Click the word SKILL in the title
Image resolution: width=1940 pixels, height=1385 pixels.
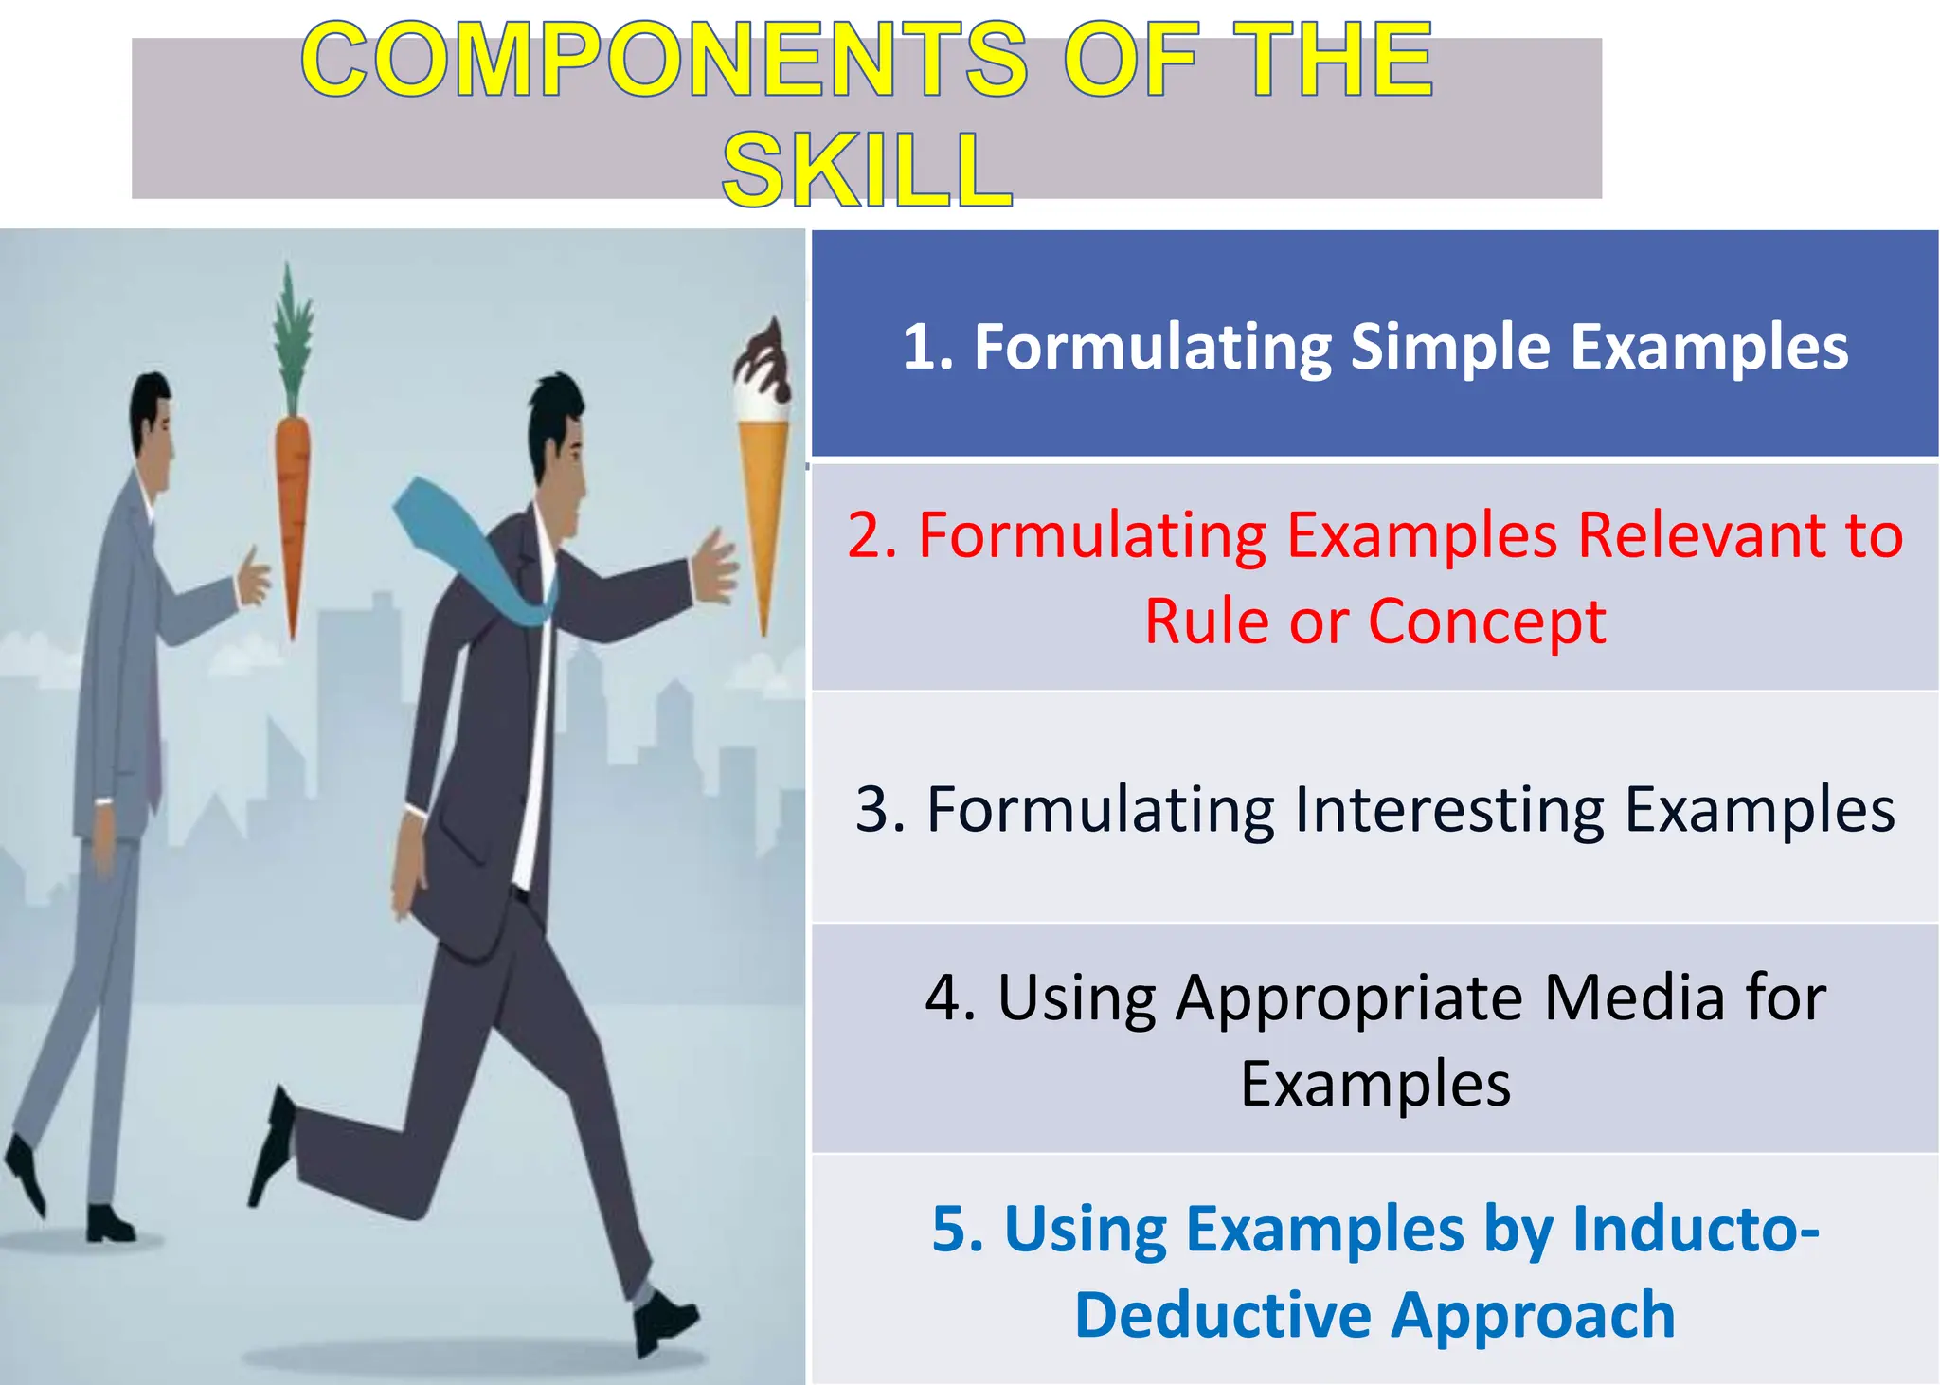867,171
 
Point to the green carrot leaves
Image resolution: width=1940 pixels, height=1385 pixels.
292,332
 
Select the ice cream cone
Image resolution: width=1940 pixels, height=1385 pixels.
763,502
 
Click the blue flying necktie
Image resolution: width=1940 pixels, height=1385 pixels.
474,549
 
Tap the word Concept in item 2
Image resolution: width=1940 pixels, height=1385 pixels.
1486,622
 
